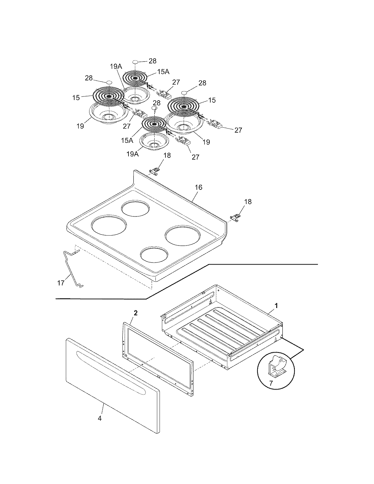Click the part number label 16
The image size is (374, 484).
click(x=199, y=187)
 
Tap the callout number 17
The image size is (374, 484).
click(x=60, y=283)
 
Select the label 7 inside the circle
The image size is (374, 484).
click(x=271, y=383)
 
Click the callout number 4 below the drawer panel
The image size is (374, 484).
click(x=100, y=418)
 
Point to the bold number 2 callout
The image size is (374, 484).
click(x=136, y=313)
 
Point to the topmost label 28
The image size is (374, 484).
click(x=153, y=61)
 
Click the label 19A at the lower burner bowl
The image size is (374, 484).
click(x=133, y=154)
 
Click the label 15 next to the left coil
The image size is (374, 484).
click(x=76, y=98)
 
